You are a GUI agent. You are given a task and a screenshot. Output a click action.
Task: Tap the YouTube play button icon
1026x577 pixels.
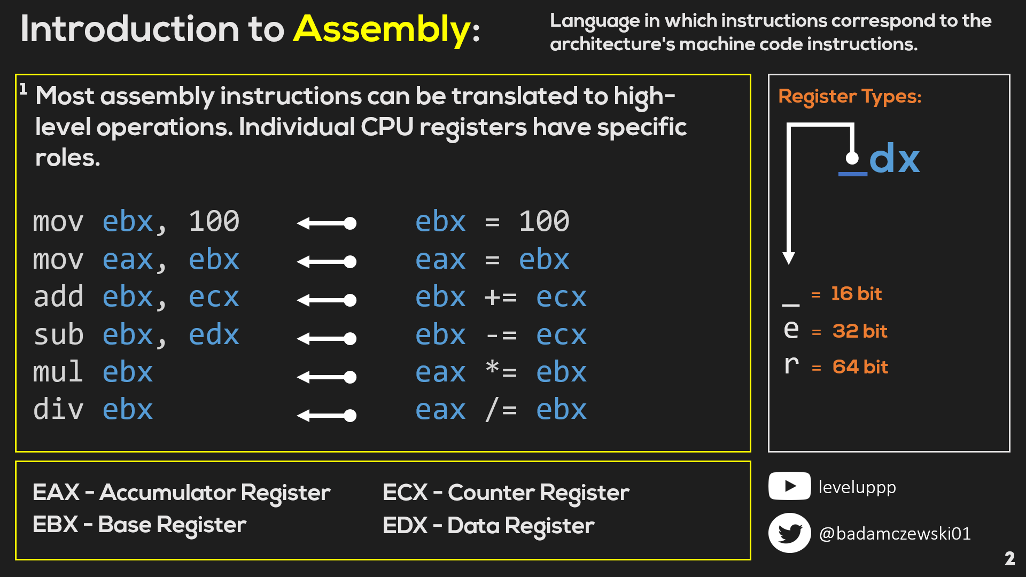(x=789, y=486)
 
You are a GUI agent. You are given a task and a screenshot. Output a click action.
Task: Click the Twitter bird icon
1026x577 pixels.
(x=789, y=533)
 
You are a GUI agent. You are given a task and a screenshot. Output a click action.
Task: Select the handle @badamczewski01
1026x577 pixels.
(x=895, y=534)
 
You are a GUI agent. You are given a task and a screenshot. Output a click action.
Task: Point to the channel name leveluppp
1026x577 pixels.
(x=857, y=488)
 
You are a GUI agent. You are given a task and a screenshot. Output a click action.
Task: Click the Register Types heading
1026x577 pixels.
(x=850, y=97)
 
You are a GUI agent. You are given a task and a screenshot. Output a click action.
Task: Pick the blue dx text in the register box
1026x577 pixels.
(x=894, y=158)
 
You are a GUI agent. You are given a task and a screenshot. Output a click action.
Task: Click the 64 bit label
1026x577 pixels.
(x=860, y=367)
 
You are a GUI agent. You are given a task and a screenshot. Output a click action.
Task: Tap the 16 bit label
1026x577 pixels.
(x=856, y=294)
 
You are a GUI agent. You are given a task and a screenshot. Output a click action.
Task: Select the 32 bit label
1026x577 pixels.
(x=860, y=331)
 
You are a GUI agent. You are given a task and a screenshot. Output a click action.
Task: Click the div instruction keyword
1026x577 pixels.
(x=58, y=410)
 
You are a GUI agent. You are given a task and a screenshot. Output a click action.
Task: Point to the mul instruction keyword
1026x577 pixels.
(x=58, y=372)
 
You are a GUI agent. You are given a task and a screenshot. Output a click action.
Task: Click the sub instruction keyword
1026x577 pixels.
(x=58, y=335)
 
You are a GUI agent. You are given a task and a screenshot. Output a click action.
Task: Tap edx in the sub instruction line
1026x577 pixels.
(x=214, y=335)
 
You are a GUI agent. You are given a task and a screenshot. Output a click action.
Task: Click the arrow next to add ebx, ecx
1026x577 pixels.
(x=327, y=300)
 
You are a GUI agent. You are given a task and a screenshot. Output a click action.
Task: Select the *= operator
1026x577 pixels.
(x=501, y=372)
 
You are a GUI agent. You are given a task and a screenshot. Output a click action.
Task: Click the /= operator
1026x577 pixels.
(x=501, y=410)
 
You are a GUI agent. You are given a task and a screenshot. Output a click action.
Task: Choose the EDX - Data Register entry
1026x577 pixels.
(x=488, y=526)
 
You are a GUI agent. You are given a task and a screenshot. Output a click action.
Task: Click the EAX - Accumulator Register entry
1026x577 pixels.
(x=182, y=493)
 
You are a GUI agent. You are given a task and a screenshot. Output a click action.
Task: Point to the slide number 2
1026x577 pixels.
(x=1009, y=559)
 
